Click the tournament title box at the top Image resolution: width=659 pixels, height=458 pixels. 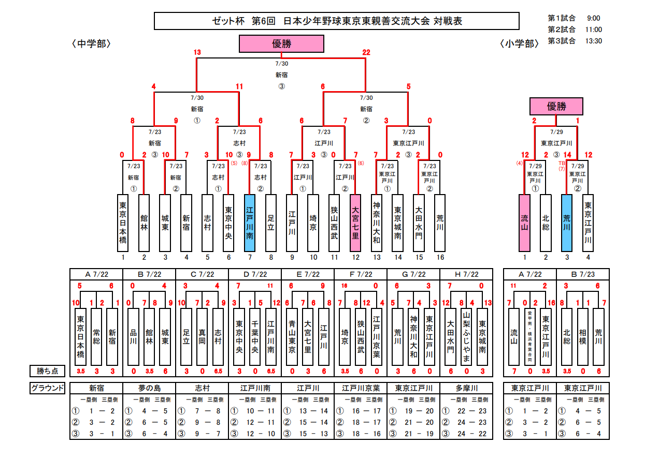click(337, 21)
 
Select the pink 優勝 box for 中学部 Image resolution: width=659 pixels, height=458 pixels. click(281, 44)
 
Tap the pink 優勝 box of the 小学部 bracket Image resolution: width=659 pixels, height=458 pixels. click(556, 106)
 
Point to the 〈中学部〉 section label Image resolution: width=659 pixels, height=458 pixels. click(92, 44)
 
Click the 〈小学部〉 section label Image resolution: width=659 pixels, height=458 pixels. click(520, 44)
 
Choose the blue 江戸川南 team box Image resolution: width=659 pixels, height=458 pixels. click(250, 223)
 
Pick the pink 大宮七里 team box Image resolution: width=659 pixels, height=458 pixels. click(355, 223)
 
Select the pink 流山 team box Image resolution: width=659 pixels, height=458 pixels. click(524, 223)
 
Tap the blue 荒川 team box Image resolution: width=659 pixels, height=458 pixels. click(567, 223)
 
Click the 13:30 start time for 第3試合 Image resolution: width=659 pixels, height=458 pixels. click(593, 41)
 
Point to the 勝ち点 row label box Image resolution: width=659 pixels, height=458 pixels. click(48, 371)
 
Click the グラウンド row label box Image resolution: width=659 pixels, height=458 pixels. click(48, 388)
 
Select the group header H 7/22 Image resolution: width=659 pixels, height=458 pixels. click(466, 274)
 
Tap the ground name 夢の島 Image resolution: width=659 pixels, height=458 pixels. click(149, 388)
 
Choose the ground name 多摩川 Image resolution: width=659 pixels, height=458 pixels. click(466, 388)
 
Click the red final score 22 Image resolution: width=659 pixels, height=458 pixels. click(366, 52)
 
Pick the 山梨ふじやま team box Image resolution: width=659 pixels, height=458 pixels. click(466, 336)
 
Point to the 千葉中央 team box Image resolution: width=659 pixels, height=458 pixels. click(255, 336)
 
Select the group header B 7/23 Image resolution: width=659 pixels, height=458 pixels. click(583, 274)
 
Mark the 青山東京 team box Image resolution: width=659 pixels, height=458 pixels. click(292, 336)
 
